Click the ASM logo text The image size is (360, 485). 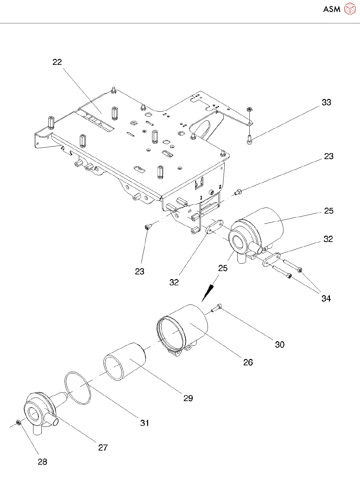332,9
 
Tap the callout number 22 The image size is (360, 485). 57,62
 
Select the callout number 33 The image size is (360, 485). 326,102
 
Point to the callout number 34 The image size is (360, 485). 326,298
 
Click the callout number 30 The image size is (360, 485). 280,344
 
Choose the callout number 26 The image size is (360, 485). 248,362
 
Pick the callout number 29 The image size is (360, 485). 188,398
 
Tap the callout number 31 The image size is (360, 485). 145,423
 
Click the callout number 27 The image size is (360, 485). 103,448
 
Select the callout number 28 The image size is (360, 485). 42,462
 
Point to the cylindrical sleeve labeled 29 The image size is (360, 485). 124,362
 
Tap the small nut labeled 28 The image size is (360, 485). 19,422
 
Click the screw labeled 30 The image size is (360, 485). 216,308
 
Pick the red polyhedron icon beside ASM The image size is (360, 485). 350,9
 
